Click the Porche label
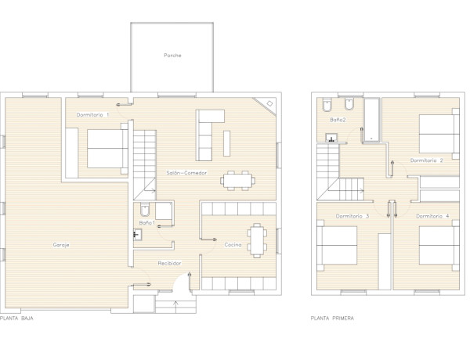point(172,56)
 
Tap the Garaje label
point(62,246)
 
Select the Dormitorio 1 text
point(92,115)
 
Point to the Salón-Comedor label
point(186,172)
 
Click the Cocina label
point(233,245)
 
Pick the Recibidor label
point(169,264)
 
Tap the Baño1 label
point(146,224)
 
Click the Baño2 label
point(338,120)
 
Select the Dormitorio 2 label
point(427,160)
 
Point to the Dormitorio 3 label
point(352,216)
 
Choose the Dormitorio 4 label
point(432,216)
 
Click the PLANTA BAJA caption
point(16,319)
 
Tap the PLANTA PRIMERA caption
point(332,319)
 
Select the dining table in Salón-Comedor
point(237,180)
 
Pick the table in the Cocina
point(257,239)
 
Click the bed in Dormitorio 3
point(338,245)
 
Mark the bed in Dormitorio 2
point(437,134)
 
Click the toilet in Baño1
point(145,211)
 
